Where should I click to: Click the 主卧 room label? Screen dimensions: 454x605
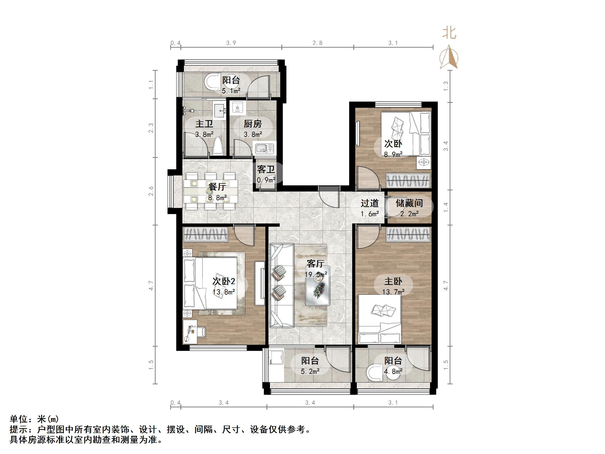(393, 281)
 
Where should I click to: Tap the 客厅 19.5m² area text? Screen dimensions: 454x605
(316, 274)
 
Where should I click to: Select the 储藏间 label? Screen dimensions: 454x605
(409, 203)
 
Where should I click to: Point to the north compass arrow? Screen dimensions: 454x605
(449, 57)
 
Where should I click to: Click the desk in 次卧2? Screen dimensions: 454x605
(190, 332)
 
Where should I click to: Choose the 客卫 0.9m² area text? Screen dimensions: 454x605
(266, 180)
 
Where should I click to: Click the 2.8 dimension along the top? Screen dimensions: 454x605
(318, 43)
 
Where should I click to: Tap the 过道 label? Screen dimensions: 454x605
(370, 203)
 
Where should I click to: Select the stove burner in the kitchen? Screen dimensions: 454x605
(237, 107)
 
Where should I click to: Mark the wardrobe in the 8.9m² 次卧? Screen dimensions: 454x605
(408, 181)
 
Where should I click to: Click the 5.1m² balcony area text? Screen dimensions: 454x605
(231, 91)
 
